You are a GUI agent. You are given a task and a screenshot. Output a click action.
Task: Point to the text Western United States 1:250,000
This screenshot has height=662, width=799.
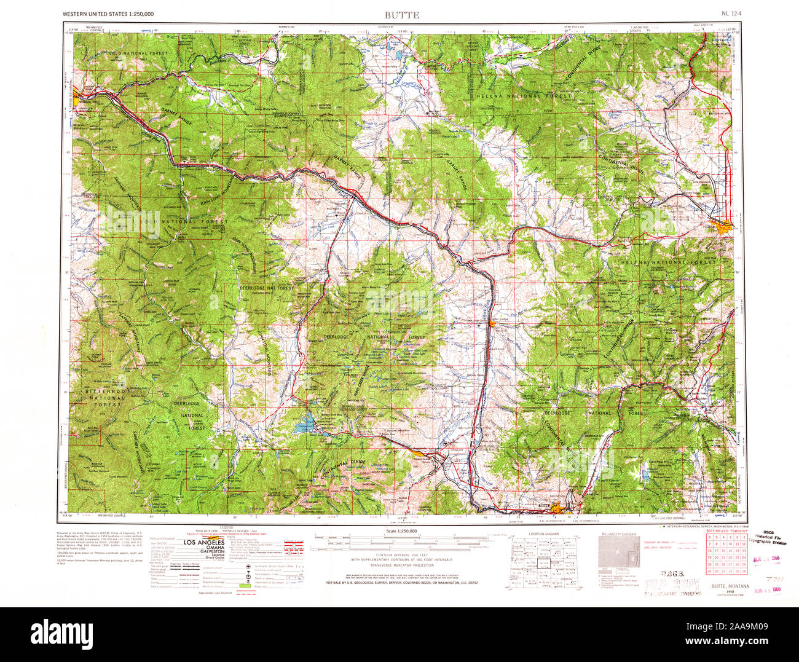tap(108, 14)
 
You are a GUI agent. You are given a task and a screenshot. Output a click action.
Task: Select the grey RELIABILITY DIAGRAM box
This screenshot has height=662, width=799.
tap(618, 557)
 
